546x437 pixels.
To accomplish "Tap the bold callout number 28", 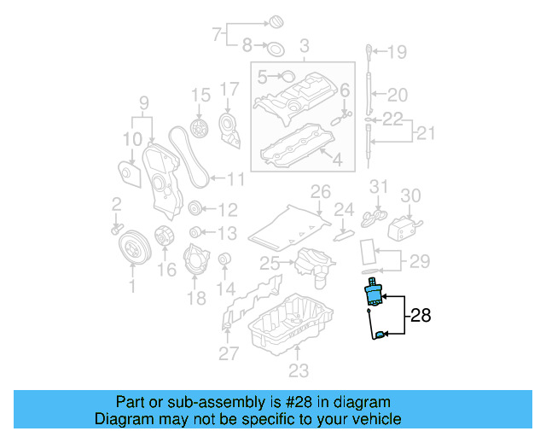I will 421,316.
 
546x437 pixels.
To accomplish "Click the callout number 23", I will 296,370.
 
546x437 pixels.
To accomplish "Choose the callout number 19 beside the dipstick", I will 398,53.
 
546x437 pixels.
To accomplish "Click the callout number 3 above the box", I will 301,44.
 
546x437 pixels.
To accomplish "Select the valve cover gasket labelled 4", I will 293,145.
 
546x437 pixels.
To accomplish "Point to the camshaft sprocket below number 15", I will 200,130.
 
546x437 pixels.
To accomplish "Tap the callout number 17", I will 229,88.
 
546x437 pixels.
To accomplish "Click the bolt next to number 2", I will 116,229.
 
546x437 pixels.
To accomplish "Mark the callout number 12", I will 227,209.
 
